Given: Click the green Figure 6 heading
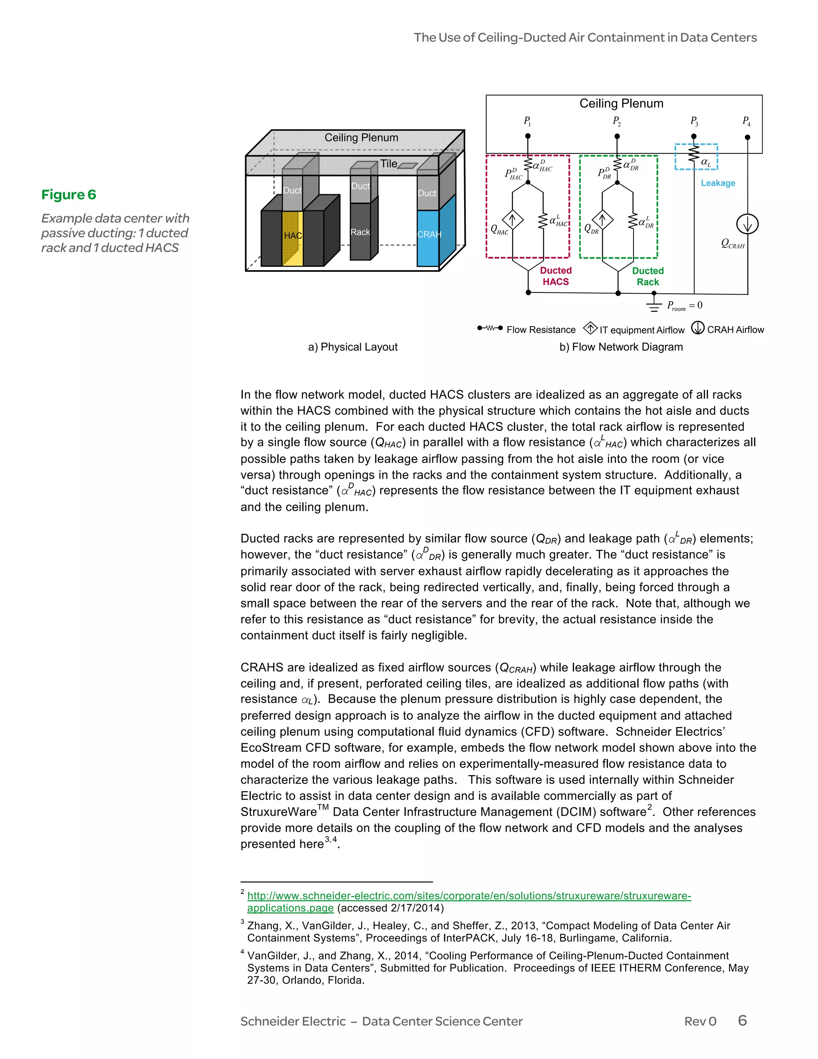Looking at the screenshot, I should pos(68,195).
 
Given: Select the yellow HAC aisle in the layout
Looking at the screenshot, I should pos(293,238).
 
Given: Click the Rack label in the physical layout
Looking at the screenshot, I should pos(360,232).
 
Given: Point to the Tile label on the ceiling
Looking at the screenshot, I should pos(389,164).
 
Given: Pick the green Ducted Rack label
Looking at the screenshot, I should pos(647,277).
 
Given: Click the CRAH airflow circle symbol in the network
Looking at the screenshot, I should pos(747,224).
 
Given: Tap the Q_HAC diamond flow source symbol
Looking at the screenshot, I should pos(512,219).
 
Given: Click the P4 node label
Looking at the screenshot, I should pos(746,121).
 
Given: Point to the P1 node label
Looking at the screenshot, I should pos(527,121).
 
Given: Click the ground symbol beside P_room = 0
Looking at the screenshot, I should pos(654,305).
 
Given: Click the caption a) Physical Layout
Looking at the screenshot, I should pos(352,347).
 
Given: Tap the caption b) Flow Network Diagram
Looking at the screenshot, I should pos(621,347).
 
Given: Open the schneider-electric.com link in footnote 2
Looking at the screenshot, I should pos(469,896).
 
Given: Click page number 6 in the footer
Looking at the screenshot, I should pos(742,1020).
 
